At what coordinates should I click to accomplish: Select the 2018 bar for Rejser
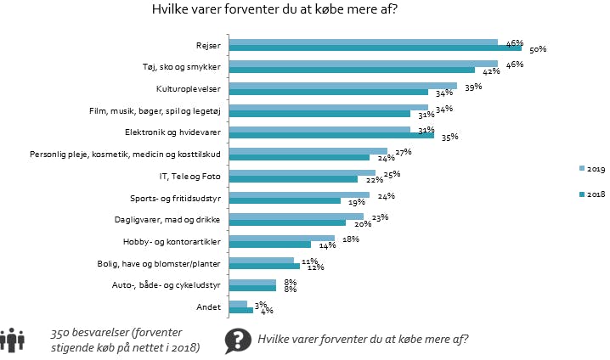point(376,48)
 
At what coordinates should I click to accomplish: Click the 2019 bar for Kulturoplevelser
point(343,86)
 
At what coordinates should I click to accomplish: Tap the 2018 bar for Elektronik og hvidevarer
point(332,135)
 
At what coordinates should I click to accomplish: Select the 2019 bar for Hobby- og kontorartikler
point(282,239)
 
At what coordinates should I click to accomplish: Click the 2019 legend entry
point(589,168)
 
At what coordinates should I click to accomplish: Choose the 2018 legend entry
point(589,194)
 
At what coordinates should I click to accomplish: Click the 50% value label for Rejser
point(537,50)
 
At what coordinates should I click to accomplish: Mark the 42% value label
point(489,71)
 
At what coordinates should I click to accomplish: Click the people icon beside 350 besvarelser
point(12,339)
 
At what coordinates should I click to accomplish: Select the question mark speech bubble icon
point(236,340)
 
